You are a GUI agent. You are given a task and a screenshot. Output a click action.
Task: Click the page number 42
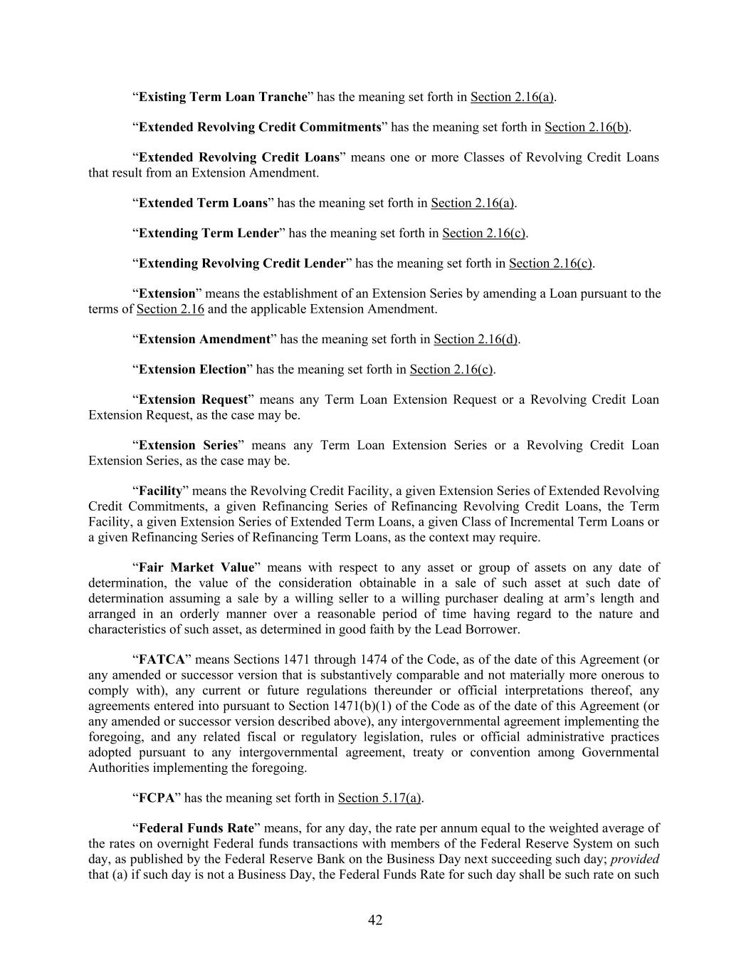tap(375, 920)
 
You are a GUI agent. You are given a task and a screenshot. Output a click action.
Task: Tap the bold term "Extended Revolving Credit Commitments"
tap(260, 127)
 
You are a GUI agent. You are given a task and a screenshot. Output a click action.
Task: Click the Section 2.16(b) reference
tap(587, 127)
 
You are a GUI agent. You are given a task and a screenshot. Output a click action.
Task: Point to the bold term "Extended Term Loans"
tap(203, 203)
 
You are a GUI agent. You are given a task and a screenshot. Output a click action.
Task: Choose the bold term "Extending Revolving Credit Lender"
tap(242, 263)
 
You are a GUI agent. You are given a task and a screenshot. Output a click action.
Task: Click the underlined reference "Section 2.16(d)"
tap(475, 339)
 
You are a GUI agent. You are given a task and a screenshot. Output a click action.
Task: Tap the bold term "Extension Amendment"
tap(204, 339)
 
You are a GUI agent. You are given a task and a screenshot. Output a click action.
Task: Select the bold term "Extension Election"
tap(192, 370)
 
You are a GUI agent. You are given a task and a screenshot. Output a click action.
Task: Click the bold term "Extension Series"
tap(188, 445)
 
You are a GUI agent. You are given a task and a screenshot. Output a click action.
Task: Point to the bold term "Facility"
tap(160, 491)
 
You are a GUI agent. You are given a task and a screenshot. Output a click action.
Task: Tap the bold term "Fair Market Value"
tap(196, 568)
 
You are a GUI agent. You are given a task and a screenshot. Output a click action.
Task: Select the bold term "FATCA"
tap(162, 659)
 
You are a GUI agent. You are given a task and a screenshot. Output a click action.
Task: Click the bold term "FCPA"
tap(157, 798)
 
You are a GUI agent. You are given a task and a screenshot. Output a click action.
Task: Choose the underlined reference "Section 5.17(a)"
tap(379, 798)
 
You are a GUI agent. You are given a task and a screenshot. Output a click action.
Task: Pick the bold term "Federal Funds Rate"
tap(196, 828)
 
